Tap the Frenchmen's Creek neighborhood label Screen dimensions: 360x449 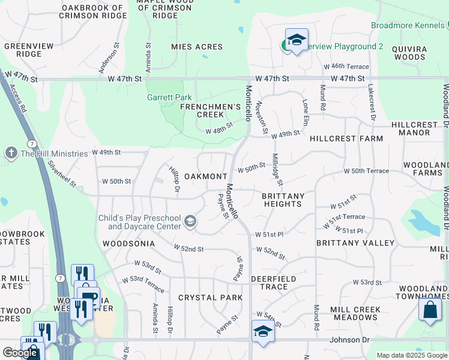202,110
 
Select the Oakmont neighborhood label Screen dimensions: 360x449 205,176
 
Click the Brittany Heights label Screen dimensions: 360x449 283,200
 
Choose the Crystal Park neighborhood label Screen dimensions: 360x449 211,298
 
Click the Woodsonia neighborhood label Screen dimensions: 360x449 128,244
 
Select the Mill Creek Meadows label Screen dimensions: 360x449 354,313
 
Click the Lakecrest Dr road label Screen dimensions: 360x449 372,102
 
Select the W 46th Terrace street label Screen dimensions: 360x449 345,67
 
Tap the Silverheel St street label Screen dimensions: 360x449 62,174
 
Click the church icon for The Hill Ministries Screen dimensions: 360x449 11,154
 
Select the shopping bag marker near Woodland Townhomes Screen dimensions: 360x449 430,310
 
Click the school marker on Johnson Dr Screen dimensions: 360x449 263,331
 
